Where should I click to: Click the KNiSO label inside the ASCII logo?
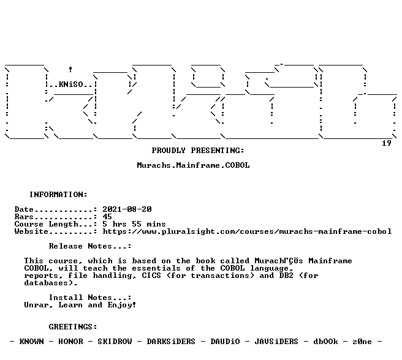(71, 84)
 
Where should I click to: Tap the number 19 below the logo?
(387, 143)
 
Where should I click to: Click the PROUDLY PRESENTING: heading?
(198, 151)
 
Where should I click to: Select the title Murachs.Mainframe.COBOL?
(193, 165)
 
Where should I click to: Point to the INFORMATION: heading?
(58, 195)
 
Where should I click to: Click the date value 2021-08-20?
(127, 209)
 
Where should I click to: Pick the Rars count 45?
(107, 217)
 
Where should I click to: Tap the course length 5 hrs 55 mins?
(134, 224)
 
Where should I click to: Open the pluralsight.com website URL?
(247, 231)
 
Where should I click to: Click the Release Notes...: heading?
(90, 246)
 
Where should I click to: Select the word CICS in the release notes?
(151, 276)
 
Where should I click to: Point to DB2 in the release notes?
(286, 276)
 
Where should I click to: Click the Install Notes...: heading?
(90, 298)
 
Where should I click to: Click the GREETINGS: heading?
(73, 327)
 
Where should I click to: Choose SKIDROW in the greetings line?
(115, 342)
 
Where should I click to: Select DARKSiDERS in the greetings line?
(171, 342)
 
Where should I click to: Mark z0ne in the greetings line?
(362, 342)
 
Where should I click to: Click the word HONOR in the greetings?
(70, 342)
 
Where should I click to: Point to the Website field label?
(31, 231)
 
